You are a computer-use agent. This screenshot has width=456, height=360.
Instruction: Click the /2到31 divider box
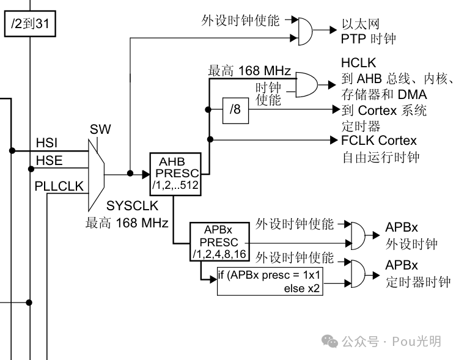coord(29,26)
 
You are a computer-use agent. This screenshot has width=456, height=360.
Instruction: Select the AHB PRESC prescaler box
coord(175,173)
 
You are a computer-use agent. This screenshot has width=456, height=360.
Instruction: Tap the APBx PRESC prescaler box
coord(219,241)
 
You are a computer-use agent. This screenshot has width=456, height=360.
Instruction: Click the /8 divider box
coord(235,111)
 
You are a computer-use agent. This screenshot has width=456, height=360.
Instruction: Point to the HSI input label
coord(46,143)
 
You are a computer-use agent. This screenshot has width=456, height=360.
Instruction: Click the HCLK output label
coord(358,64)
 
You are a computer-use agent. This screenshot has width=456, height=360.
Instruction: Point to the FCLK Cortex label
coord(378,141)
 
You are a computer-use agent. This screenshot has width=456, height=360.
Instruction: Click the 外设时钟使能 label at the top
coord(240,20)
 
